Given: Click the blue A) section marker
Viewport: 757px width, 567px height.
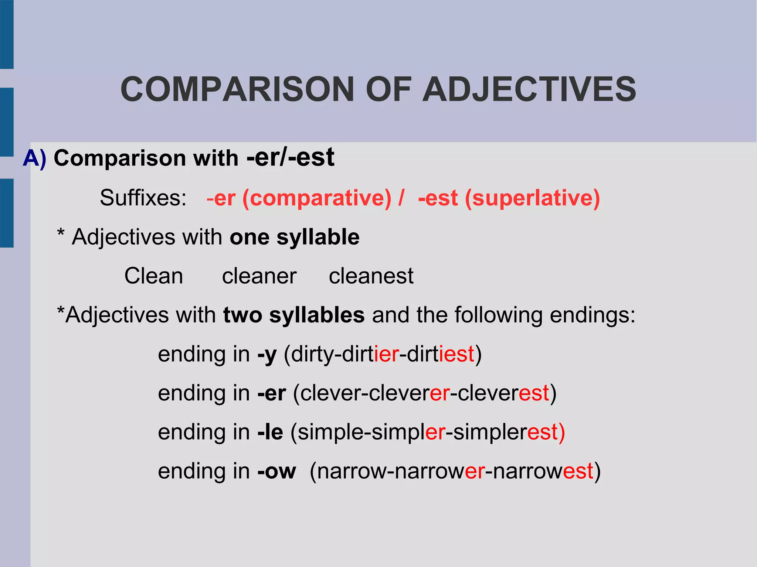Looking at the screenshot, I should coord(35,158).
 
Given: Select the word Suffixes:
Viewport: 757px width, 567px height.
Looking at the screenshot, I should coord(143,198).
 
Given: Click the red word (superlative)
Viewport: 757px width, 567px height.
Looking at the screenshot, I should coord(532,198).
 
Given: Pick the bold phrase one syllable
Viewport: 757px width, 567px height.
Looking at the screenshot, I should coord(295,237).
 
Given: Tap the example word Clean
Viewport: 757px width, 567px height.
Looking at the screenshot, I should coord(153,276).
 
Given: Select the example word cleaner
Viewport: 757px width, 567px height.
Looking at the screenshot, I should coord(259,276).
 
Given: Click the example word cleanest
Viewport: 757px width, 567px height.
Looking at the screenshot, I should coord(371,276).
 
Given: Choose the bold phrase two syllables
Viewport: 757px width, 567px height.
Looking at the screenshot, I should coord(294,315).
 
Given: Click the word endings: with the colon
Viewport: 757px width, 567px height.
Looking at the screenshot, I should coord(593,315).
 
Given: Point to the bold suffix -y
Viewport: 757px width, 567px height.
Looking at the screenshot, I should coord(267,355).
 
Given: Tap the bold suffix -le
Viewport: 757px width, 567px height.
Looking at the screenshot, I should coord(270,432).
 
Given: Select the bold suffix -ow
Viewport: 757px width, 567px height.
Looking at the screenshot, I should coord(276,471).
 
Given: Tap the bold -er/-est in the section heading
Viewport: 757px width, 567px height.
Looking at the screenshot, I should coord(291,157).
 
